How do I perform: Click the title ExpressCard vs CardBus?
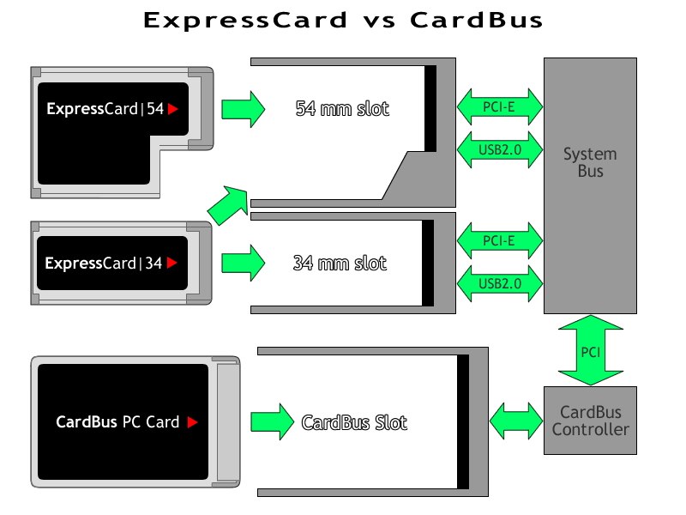343,21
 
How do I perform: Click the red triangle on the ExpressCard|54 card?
173,109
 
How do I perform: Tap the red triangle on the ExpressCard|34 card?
172,264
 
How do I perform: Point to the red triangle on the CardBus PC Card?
193,422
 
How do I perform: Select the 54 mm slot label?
341,109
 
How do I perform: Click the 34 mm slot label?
340,263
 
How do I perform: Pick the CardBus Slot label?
354,422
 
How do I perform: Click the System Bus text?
590,162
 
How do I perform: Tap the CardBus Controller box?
590,421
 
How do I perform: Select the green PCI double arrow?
590,350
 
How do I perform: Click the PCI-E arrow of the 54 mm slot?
500,106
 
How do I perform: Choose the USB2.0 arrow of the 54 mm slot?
500,149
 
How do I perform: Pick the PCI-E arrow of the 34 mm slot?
500,240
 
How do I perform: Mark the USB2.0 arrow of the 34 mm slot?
500,283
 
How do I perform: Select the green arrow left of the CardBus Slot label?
271,422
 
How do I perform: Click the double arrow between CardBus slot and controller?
515,421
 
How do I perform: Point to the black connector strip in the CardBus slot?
463,421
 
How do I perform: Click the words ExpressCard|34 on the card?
104,264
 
